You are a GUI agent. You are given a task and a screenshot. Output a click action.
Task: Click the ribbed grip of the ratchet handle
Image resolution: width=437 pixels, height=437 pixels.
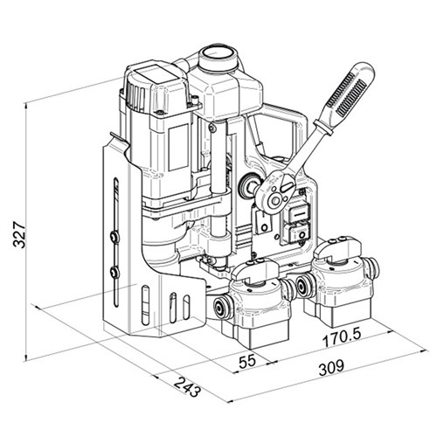point(347,100)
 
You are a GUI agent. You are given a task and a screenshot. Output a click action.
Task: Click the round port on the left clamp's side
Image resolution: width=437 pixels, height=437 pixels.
point(219,309)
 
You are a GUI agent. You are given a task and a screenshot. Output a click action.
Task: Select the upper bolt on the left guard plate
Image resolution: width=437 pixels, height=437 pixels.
point(115,236)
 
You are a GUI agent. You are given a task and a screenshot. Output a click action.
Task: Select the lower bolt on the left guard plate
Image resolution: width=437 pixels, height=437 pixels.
point(116,274)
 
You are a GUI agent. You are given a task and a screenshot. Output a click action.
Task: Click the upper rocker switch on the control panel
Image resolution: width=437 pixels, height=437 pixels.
point(297,211)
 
